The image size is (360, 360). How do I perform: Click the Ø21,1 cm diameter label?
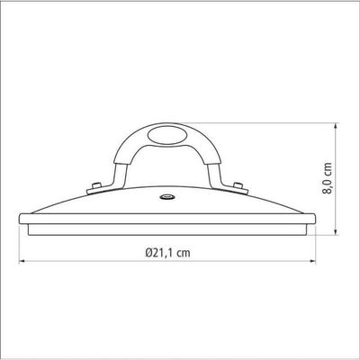click(167, 253)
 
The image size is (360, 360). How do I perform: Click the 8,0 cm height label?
click(328, 178)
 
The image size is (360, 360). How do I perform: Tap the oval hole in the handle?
click(166, 135)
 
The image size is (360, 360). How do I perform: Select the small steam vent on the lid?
click(167, 197)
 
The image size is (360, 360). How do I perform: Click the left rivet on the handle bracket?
click(96, 186)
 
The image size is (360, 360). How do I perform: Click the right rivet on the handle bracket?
click(238, 185)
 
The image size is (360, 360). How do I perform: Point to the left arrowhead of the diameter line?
click(22, 262)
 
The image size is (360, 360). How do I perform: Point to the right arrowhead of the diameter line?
click(313, 262)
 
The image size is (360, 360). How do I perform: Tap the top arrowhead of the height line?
click(336, 126)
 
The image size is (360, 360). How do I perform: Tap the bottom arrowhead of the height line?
click(336, 232)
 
